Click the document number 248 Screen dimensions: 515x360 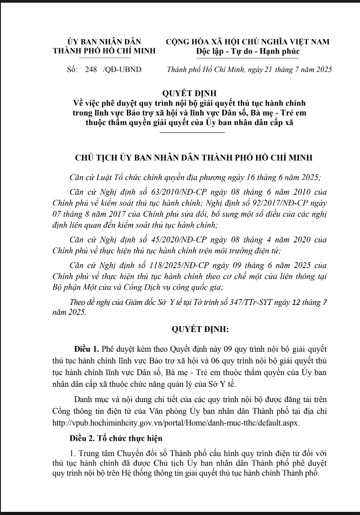(x=91, y=70)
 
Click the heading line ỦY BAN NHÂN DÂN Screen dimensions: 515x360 (x=104, y=42)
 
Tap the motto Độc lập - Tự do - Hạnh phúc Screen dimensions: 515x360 (x=247, y=51)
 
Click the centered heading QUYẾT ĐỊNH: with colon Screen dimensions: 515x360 (x=200, y=329)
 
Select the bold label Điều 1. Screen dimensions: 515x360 (x=87, y=349)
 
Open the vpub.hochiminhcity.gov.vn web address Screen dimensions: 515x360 (x=176, y=423)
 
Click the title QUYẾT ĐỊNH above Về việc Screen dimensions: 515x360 (x=189, y=94)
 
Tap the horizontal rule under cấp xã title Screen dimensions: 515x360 (x=192, y=133)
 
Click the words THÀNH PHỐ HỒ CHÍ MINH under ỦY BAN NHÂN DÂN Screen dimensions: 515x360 (x=104, y=51)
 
